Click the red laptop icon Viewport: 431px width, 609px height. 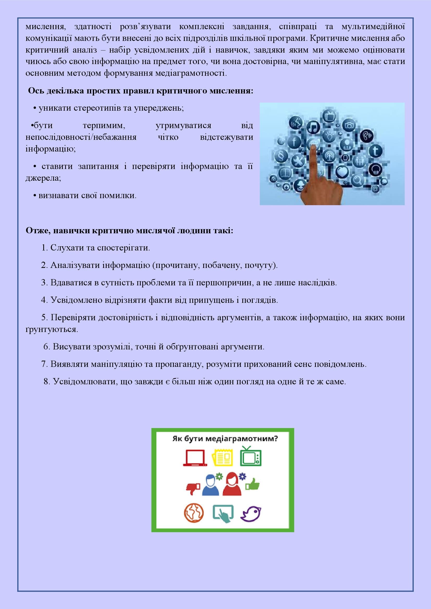click(x=195, y=457)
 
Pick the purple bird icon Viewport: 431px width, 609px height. click(x=251, y=513)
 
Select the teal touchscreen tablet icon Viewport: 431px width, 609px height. click(x=223, y=513)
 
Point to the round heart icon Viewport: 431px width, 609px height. click(x=343, y=171)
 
